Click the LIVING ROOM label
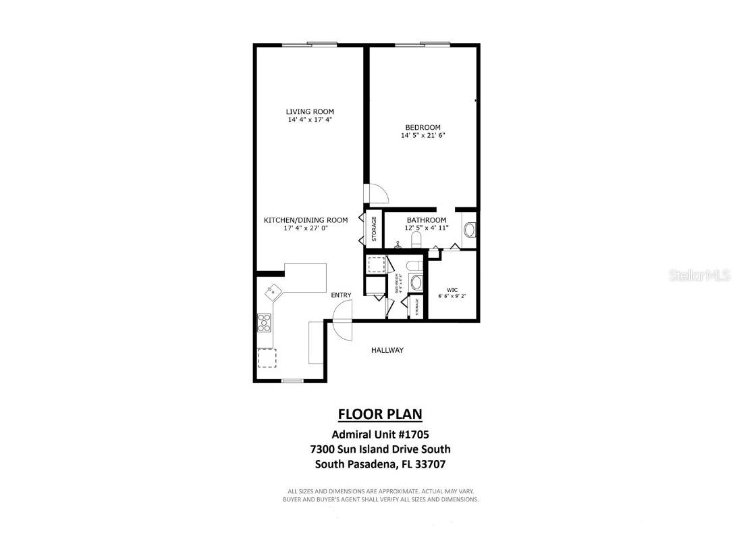[x=310, y=111]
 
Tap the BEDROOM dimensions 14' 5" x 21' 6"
[x=423, y=135]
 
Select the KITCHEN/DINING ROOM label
[x=306, y=220]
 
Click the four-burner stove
[x=264, y=324]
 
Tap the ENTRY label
[x=341, y=295]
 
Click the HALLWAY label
[x=387, y=350]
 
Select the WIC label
[x=452, y=289]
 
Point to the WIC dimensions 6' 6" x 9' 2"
[x=452, y=296]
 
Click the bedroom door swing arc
[x=377, y=194]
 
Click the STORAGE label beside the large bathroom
[x=374, y=228]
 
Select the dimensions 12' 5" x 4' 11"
[x=426, y=228]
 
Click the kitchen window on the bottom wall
[x=292, y=381]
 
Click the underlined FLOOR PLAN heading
[x=381, y=414]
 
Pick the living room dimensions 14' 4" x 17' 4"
[x=310, y=120]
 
